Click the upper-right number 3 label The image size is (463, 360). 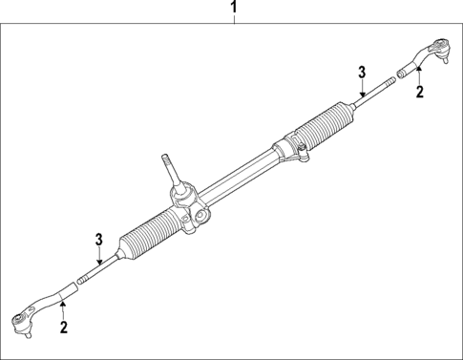tap(362, 72)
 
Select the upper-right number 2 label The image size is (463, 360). tap(418, 92)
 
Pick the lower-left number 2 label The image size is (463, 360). tap(63, 328)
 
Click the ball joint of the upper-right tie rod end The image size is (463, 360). tap(440, 48)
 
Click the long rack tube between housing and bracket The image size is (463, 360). tap(239, 176)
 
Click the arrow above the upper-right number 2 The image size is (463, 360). tap(418, 75)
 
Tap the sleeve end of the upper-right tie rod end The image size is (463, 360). tap(406, 70)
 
